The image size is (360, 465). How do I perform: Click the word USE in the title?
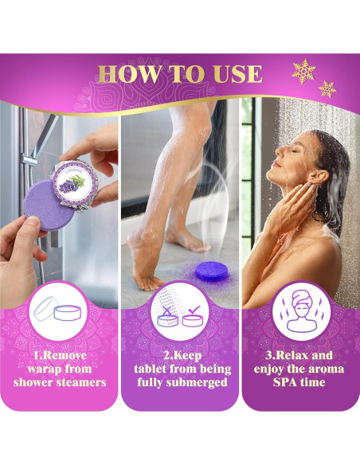(x=233, y=75)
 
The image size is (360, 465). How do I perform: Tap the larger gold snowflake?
(x=303, y=72)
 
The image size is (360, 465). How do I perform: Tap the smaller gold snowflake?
(x=327, y=88)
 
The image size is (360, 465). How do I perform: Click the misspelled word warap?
(x=45, y=369)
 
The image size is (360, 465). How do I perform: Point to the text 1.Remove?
(x=60, y=355)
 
